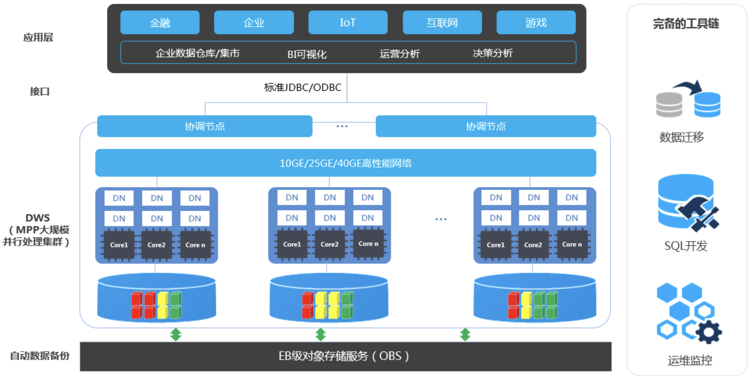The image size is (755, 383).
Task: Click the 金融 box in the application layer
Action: [160, 22]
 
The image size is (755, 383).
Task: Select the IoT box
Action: [348, 22]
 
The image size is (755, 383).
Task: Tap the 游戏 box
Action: [536, 22]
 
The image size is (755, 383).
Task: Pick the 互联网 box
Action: [442, 22]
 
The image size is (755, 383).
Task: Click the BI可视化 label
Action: [307, 54]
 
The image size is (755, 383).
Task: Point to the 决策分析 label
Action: [493, 53]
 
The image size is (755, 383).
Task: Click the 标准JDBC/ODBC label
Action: [303, 87]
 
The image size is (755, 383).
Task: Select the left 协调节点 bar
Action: [205, 126]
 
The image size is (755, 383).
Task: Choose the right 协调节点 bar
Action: [486, 126]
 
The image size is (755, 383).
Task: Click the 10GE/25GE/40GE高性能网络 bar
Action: [345, 163]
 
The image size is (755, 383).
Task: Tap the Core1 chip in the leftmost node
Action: [119, 245]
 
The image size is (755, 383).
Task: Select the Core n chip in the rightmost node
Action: [572, 244]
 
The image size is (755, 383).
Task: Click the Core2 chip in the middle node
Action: [329, 244]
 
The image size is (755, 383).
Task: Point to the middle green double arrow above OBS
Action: [320, 335]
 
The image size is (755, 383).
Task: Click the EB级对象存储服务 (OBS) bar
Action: [345, 357]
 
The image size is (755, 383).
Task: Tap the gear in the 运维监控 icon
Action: [709, 332]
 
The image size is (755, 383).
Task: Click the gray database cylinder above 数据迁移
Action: [669, 105]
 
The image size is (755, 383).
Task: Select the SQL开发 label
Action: [685, 246]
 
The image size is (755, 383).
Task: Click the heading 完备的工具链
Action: [686, 23]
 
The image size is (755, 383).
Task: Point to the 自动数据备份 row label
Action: [40, 355]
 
